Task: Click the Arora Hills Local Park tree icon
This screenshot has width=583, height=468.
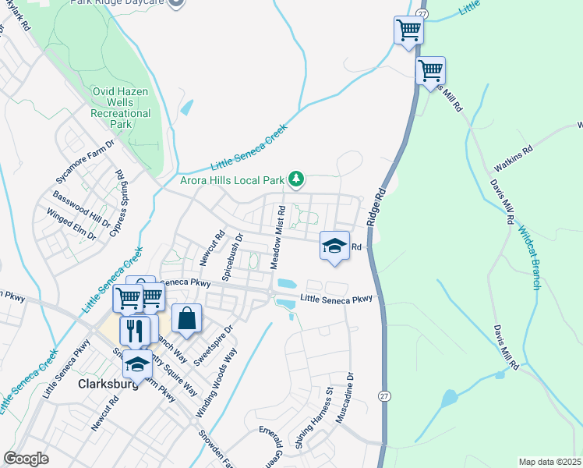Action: coord(296,180)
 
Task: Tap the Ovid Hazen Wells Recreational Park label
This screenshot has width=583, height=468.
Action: coord(121,108)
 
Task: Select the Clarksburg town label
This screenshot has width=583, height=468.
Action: coord(108,385)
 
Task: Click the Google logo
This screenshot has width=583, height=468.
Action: coord(26,459)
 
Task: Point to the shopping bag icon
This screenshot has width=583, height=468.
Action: coord(186,318)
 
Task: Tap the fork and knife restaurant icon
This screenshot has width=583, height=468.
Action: coord(135,330)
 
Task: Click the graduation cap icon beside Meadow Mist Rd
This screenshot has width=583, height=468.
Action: coord(334,246)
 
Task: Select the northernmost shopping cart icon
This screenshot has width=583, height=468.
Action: coord(408,31)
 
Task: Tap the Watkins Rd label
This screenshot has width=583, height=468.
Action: coord(513,158)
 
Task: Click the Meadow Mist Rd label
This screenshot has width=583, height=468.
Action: coord(278,237)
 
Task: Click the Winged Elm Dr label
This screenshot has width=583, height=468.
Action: coord(71,223)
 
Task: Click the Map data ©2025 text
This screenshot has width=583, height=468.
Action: coord(549,462)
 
